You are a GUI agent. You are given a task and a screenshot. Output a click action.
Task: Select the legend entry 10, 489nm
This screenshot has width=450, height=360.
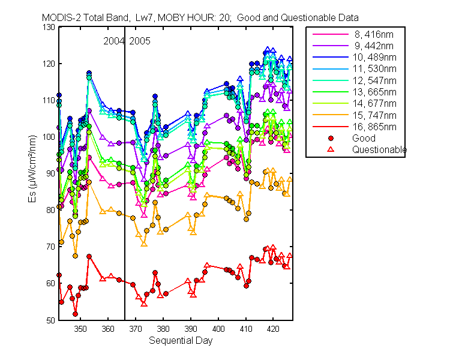tap(355, 57)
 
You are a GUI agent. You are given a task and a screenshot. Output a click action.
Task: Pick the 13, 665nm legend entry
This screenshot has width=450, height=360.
tap(355, 92)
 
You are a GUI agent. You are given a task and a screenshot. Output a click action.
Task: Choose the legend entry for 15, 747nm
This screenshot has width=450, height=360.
tap(355, 115)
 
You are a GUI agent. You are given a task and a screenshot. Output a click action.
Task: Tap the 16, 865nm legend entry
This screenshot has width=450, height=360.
tap(355, 127)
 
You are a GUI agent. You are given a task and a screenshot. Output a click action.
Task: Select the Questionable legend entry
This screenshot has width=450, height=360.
tap(367, 149)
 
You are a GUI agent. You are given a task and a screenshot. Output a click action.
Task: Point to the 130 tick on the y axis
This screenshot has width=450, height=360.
tap(49, 27)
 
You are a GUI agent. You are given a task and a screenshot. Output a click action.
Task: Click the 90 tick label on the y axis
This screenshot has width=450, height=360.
tap(50, 173)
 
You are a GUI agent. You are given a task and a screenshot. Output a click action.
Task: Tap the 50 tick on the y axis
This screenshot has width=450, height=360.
tap(50, 320)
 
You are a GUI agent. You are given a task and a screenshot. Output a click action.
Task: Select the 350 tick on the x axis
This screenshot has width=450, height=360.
tap(80, 328)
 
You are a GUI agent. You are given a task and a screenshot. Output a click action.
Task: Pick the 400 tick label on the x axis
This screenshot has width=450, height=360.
tap(218, 328)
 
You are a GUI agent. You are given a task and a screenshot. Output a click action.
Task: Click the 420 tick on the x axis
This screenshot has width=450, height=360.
tap(273, 328)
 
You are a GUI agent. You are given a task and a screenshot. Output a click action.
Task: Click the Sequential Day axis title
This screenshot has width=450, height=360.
tap(181, 340)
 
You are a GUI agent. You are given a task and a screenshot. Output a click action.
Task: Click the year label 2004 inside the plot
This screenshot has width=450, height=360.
tap(113, 41)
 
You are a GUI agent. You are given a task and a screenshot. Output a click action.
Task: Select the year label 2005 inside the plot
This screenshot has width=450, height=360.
tap(140, 41)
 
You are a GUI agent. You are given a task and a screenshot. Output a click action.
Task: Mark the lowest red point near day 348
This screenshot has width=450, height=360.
tap(75, 314)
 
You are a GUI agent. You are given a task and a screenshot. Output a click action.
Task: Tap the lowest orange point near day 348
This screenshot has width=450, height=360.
tap(75, 256)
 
